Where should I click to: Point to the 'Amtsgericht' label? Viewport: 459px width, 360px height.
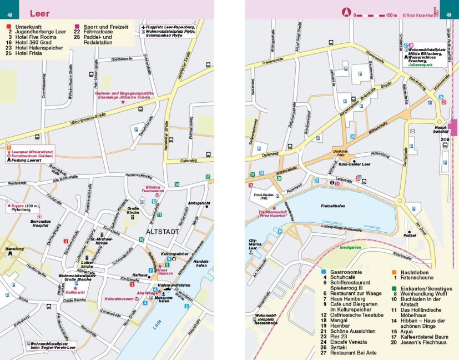(x=199, y=203)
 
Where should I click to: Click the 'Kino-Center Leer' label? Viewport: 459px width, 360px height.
(x=355, y=164)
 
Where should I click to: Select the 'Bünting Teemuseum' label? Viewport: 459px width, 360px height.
(x=153, y=190)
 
